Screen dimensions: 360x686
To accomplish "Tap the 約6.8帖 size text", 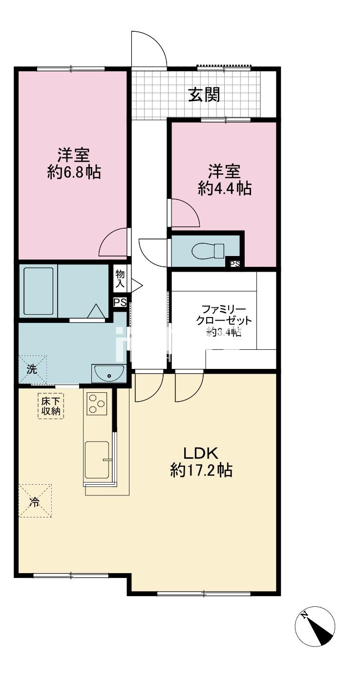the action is (74, 173).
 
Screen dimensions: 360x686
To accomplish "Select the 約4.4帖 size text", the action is (225, 188).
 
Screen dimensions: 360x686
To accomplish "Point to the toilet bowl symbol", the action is (208, 251).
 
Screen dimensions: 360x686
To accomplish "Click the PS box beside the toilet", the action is (235, 264).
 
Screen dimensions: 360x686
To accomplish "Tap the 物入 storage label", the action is (120, 279).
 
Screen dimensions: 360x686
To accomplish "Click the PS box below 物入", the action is (120, 302).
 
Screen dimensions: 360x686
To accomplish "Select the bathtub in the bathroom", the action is (39, 291).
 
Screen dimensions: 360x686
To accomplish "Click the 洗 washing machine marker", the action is (32, 369).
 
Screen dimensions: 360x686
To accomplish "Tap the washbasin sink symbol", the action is (109, 373).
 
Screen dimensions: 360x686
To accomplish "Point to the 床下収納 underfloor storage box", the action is (51, 407).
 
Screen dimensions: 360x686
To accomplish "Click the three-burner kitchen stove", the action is (97, 404).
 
